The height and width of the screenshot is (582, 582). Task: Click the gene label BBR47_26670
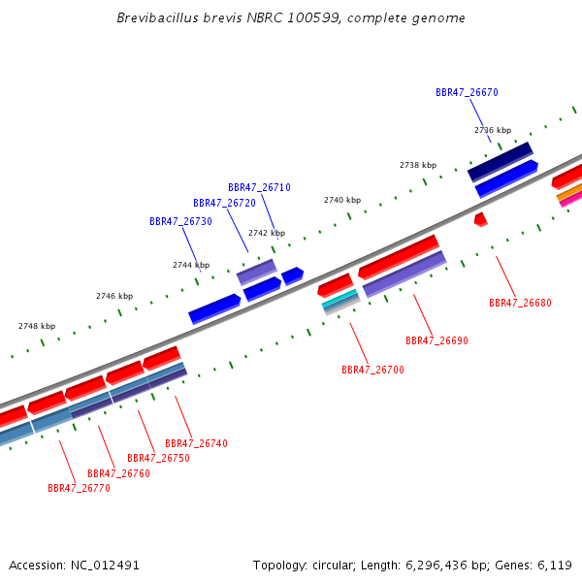(x=467, y=92)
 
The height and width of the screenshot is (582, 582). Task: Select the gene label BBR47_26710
(x=259, y=187)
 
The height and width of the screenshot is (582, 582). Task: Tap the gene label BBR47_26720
(x=224, y=203)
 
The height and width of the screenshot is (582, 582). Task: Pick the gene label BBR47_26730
(x=180, y=221)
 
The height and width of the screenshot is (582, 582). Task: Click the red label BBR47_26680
(x=520, y=303)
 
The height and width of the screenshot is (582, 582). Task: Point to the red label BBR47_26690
(x=436, y=340)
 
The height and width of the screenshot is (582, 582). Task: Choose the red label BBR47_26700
(x=372, y=370)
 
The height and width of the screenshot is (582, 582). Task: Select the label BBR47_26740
(x=196, y=443)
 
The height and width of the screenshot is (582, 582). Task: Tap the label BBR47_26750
(x=158, y=458)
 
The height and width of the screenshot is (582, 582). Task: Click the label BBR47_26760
(x=118, y=473)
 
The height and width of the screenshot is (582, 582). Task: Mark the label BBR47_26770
(x=79, y=488)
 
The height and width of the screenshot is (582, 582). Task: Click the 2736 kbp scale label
(x=493, y=130)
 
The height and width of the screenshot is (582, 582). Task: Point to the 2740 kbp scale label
(x=342, y=200)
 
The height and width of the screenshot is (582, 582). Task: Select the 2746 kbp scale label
(x=114, y=296)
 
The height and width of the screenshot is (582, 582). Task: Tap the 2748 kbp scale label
(x=37, y=326)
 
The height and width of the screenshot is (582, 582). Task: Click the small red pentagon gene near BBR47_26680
(x=481, y=219)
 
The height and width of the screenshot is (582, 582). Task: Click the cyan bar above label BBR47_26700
(x=339, y=299)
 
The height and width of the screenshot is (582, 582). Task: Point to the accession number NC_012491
(x=105, y=566)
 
